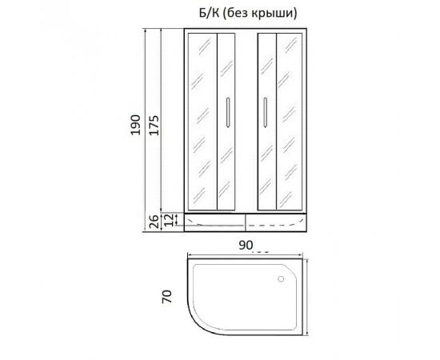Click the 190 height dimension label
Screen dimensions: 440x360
[x=136, y=124]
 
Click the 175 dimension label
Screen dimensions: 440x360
[x=154, y=124]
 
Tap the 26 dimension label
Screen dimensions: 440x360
[x=154, y=222]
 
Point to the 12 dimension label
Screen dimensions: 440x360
[x=169, y=220]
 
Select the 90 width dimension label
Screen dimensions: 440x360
[x=246, y=245]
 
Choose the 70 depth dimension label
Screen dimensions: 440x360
[x=166, y=297]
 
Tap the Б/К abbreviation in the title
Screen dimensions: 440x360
[x=210, y=13]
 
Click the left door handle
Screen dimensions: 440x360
[x=227, y=112]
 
